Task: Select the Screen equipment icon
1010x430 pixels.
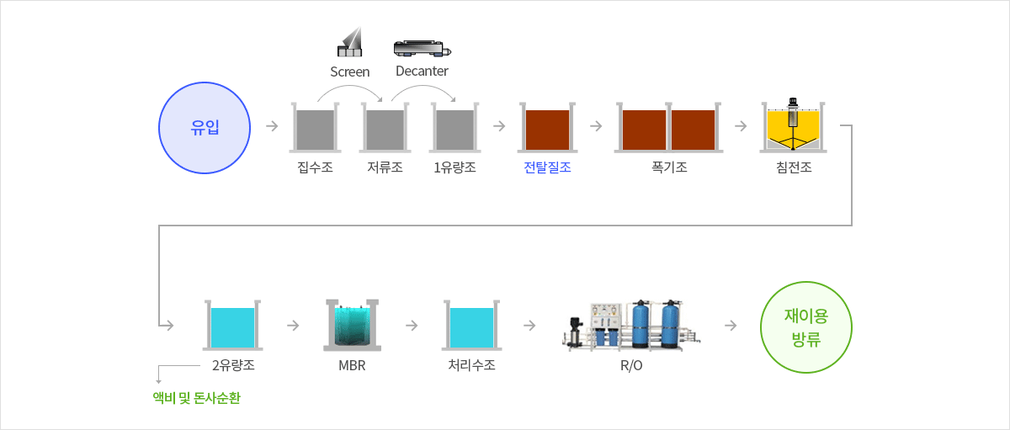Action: [x=350, y=41]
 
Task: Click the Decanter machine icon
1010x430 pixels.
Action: [x=422, y=48]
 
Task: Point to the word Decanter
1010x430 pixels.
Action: [x=422, y=72]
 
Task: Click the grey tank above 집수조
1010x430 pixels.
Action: [x=315, y=128]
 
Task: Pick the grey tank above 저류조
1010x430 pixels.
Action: [x=385, y=128]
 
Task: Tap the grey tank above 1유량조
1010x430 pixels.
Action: [x=455, y=128]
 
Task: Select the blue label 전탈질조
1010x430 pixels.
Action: [x=547, y=167]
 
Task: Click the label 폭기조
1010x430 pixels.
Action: [x=669, y=167]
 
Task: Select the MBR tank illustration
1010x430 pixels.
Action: [x=352, y=325]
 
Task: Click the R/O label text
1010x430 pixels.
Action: [x=631, y=365]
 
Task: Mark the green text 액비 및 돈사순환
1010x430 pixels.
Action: [x=197, y=398]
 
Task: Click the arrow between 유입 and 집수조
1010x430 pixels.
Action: [x=272, y=125]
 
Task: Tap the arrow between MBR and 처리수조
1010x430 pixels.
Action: [x=412, y=325]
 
